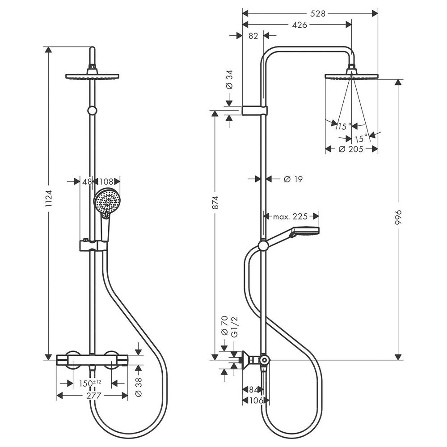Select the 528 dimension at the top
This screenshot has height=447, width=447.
coord(317,13)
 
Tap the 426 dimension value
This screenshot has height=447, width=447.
coord(299,25)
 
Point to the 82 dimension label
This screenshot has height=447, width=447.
coord(253,37)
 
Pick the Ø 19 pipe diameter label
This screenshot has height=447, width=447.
coord(293,179)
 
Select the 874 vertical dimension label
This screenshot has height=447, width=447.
coord(215,202)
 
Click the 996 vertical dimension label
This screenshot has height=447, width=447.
coord(399,218)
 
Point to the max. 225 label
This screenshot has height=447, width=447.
coord(291,217)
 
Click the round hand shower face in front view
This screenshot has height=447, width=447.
coord(106,202)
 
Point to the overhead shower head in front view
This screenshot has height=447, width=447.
coord(92,76)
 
